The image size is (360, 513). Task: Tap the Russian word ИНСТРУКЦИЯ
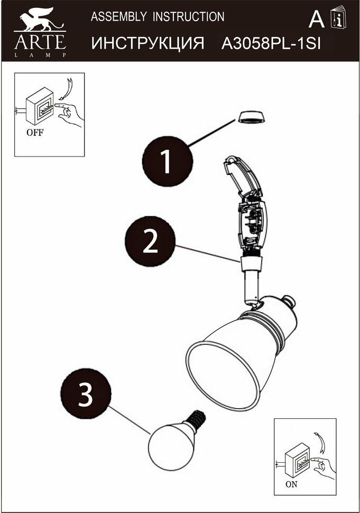pyautogui.click(x=148, y=43)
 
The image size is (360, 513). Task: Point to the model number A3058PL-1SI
pyautogui.click(x=271, y=43)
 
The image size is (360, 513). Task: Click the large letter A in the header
pyautogui.click(x=316, y=20)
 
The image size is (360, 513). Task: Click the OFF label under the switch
pyautogui.click(x=35, y=133)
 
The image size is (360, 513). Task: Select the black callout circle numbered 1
pyautogui.click(x=167, y=162)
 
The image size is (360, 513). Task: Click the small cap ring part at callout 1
pyautogui.click(x=250, y=117)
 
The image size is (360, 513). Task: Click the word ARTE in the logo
pyautogui.click(x=40, y=41)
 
